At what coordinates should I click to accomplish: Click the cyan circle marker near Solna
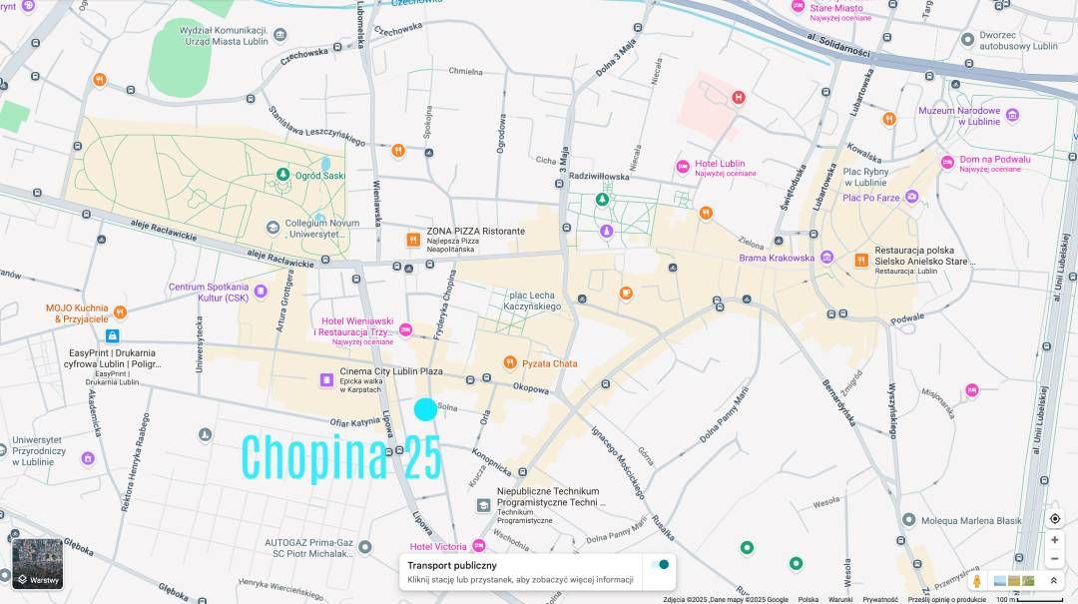pyautogui.click(x=425, y=409)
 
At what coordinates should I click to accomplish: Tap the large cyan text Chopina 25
pyautogui.click(x=341, y=458)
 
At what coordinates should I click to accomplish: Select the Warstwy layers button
pyautogui.click(x=37, y=563)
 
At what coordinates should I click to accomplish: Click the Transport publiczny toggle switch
pyautogui.click(x=659, y=565)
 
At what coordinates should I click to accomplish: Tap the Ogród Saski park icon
pyautogui.click(x=282, y=176)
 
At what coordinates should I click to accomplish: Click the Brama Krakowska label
pyautogui.click(x=777, y=258)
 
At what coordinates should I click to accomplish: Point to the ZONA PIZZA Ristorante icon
pyautogui.click(x=412, y=240)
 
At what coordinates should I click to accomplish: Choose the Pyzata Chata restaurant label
pyautogui.click(x=549, y=363)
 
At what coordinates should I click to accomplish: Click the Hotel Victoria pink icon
pyautogui.click(x=479, y=546)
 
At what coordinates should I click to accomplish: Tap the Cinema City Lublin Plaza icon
pyautogui.click(x=325, y=379)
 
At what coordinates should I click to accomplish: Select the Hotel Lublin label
pyautogui.click(x=721, y=164)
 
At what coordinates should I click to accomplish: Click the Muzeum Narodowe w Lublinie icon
pyautogui.click(x=1012, y=115)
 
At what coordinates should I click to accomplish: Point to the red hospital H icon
pyautogui.click(x=738, y=97)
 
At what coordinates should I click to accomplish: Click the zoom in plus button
pyautogui.click(x=1054, y=539)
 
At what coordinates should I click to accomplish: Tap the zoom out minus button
pyautogui.click(x=1054, y=559)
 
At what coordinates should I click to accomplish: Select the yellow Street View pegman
pyautogui.click(x=976, y=580)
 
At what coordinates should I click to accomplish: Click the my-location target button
pyautogui.click(x=1054, y=518)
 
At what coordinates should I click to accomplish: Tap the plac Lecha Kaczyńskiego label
pyautogui.click(x=534, y=301)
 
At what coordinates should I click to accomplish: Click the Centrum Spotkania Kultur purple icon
pyautogui.click(x=261, y=292)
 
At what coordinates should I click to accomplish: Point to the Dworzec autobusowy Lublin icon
pyautogui.click(x=967, y=38)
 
